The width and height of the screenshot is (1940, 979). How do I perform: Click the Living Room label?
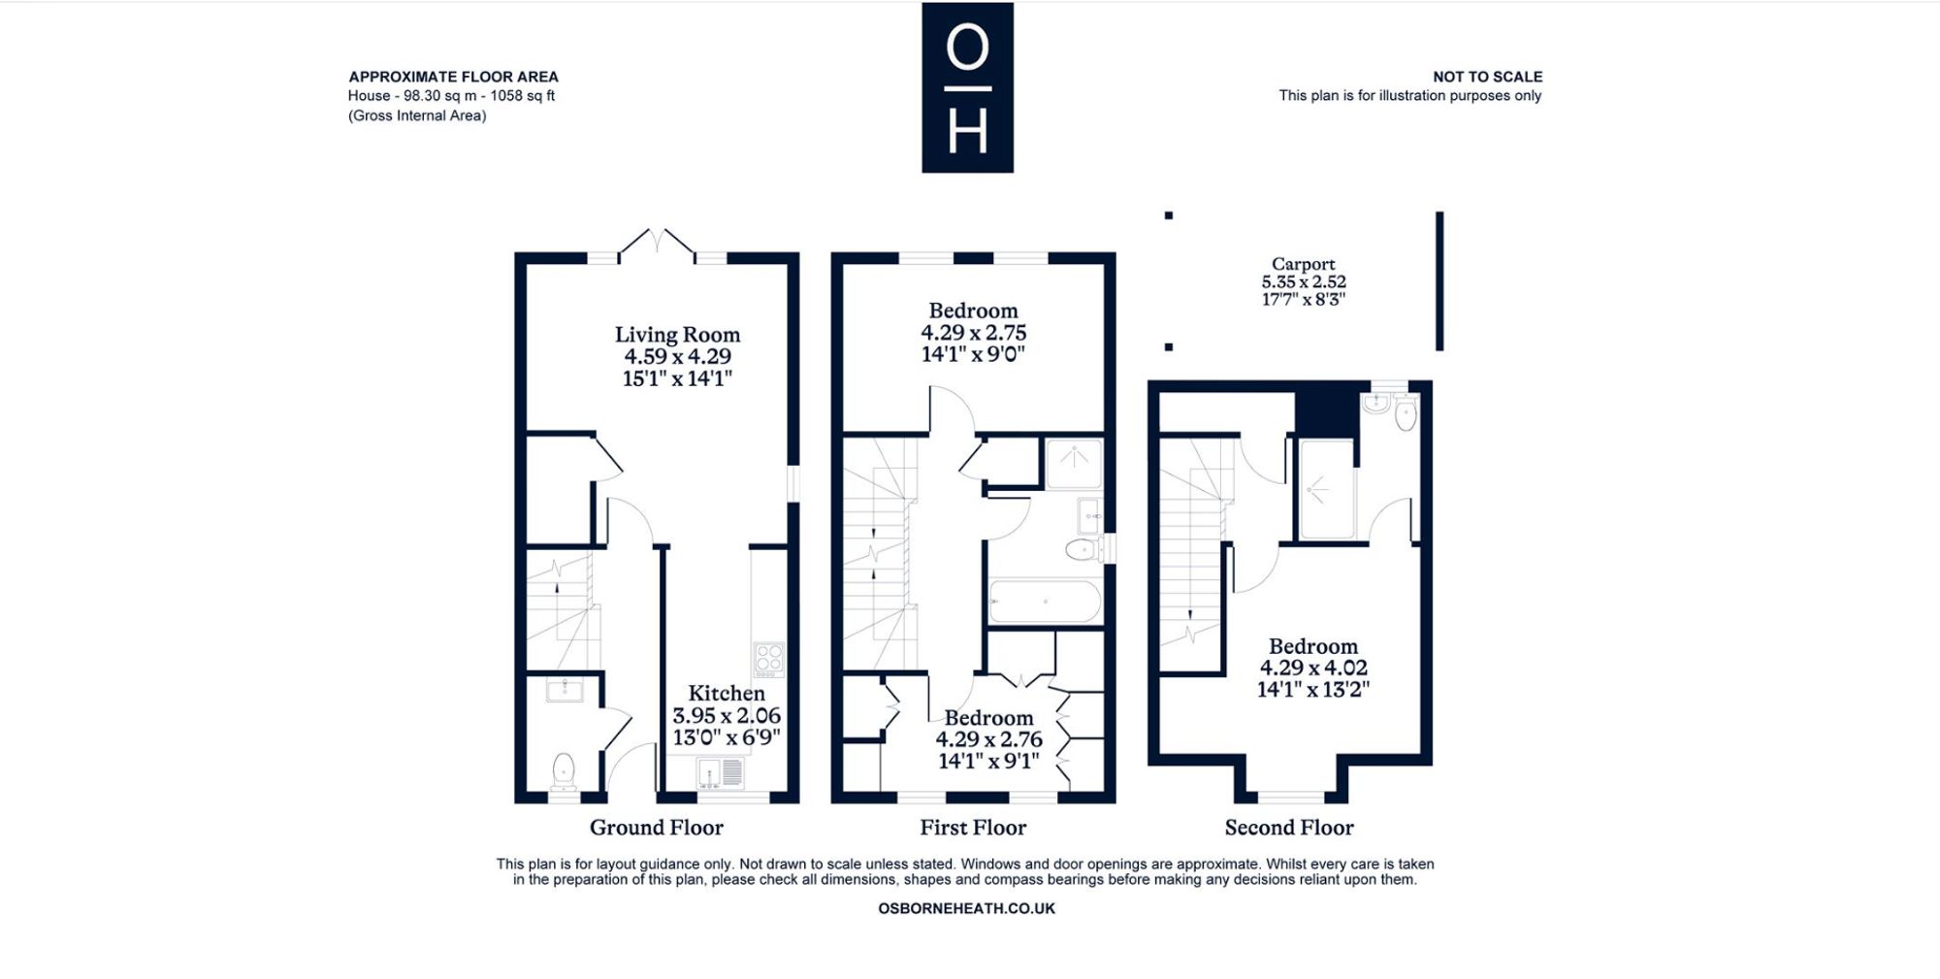click(x=677, y=335)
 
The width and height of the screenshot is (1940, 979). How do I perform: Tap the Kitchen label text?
click(x=727, y=693)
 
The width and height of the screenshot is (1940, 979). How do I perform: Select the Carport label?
click(x=1304, y=264)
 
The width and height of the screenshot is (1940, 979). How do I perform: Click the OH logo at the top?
click(x=967, y=87)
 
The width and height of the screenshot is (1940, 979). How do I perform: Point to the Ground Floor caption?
click(x=657, y=828)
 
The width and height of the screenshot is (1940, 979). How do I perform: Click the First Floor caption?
click(x=973, y=828)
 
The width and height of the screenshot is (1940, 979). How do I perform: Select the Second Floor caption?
click(x=1289, y=828)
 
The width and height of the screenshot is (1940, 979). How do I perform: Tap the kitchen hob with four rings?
click(x=769, y=658)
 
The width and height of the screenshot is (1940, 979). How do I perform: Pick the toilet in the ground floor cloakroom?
click(x=563, y=771)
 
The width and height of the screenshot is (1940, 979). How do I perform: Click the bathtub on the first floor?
click(x=1045, y=602)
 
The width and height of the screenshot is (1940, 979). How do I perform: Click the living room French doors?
click(x=657, y=245)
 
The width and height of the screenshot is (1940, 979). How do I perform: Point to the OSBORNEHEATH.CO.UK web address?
click(x=966, y=909)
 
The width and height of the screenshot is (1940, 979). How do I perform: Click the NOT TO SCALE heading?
click(x=1487, y=77)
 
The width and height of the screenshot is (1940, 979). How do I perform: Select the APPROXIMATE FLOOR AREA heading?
click(x=453, y=77)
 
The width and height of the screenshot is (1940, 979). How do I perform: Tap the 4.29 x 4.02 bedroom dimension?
click(x=1313, y=668)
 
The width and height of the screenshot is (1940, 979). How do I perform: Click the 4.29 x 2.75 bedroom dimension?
click(x=973, y=332)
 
